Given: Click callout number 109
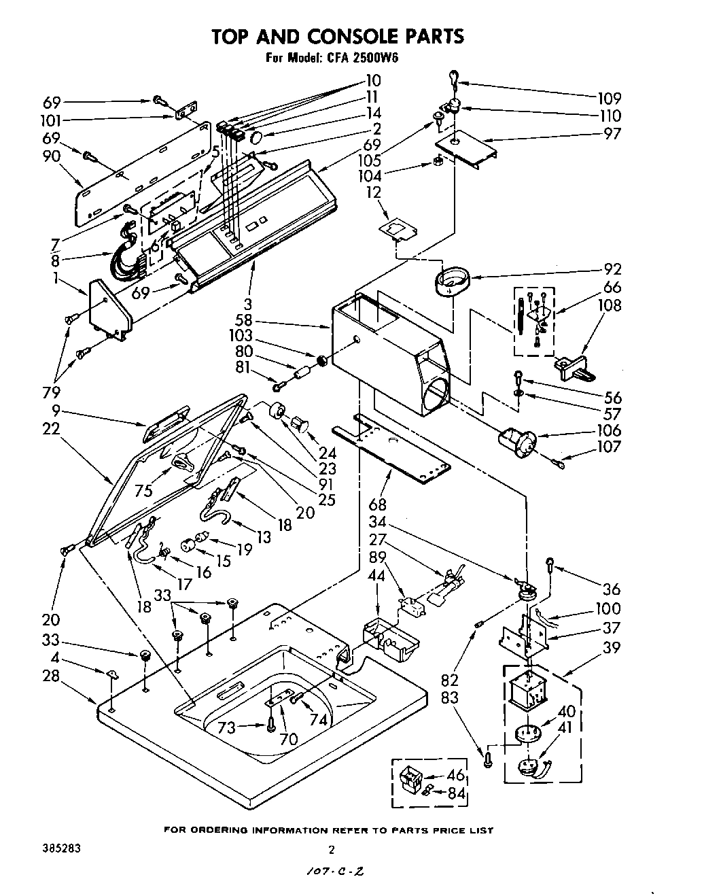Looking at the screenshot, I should pyautogui.click(x=609, y=99).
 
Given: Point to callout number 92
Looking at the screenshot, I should pyautogui.click(x=612, y=269).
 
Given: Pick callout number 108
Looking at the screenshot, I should pyautogui.click(x=609, y=306).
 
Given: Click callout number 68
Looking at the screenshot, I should pyautogui.click(x=377, y=505).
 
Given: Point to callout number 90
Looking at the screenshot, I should pyautogui.click(x=52, y=156).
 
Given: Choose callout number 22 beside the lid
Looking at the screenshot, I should pyautogui.click(x=51, y=429).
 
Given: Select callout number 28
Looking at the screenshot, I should pyautogui.click(x=51, y=676).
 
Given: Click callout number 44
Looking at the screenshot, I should pyautogui.click(x=376, y=575).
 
